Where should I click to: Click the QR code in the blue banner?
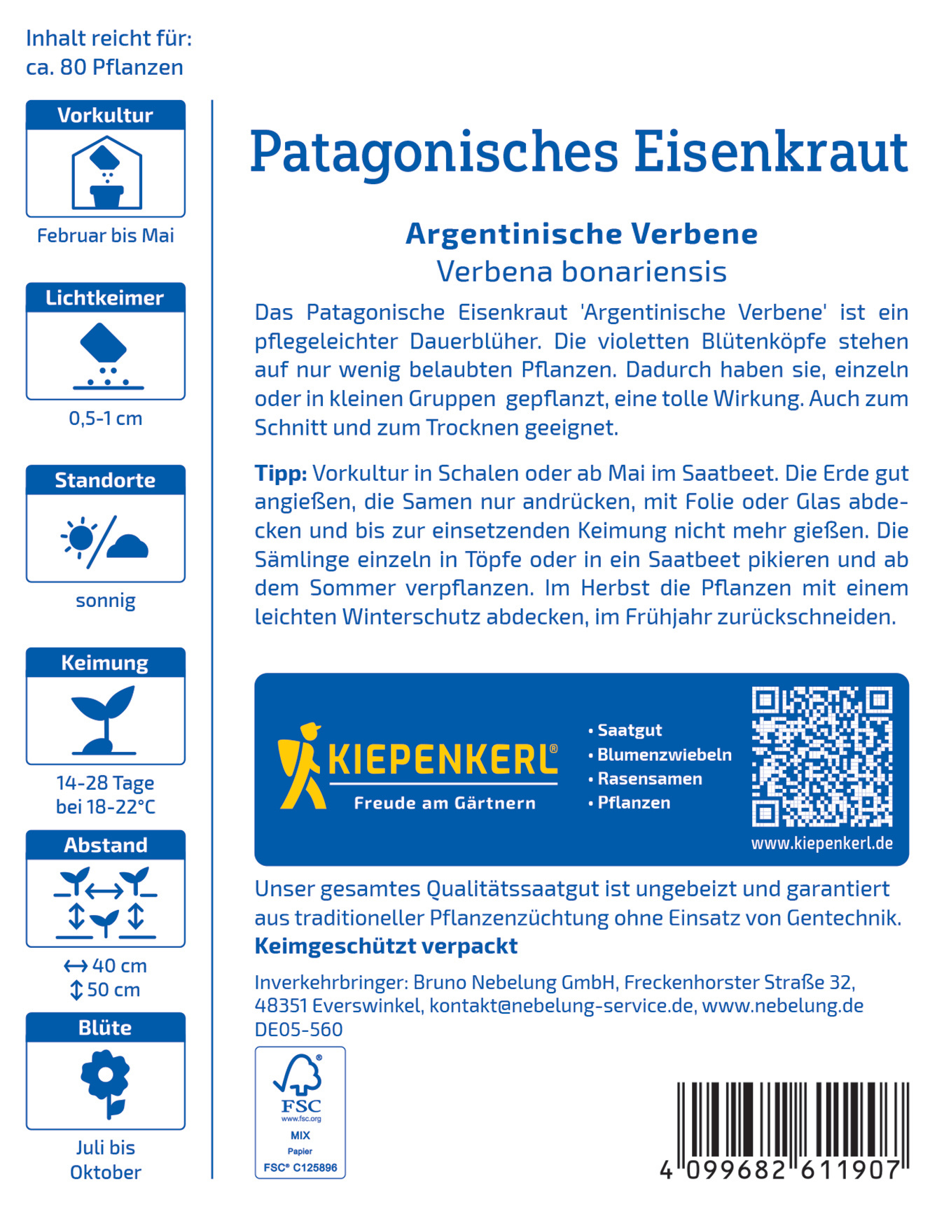[x=821, y=757]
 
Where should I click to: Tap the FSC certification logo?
[x=300, y=1112]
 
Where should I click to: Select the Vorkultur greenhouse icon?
[x=106, y=173]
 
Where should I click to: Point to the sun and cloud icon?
[x=105, y=541]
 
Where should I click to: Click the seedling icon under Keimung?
[x=105, y=720]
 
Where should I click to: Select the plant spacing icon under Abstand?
[x=105, y=902]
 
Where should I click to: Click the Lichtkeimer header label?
[x=105, y=298]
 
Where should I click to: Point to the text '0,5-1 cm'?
[x=106, y=419]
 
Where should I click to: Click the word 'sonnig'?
[x=106, y=601]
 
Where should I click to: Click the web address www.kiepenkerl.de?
[x=821, y=844]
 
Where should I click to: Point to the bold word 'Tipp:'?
[x=281, y=473]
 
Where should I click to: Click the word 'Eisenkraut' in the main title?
[x=770, y=152]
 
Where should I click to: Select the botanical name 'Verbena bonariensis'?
[x=581, y=272]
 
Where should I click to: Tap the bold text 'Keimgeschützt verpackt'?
[x=386, y=946]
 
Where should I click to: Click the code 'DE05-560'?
[x=298, y=1029]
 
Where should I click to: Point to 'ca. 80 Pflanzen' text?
[x=105, y=67]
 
